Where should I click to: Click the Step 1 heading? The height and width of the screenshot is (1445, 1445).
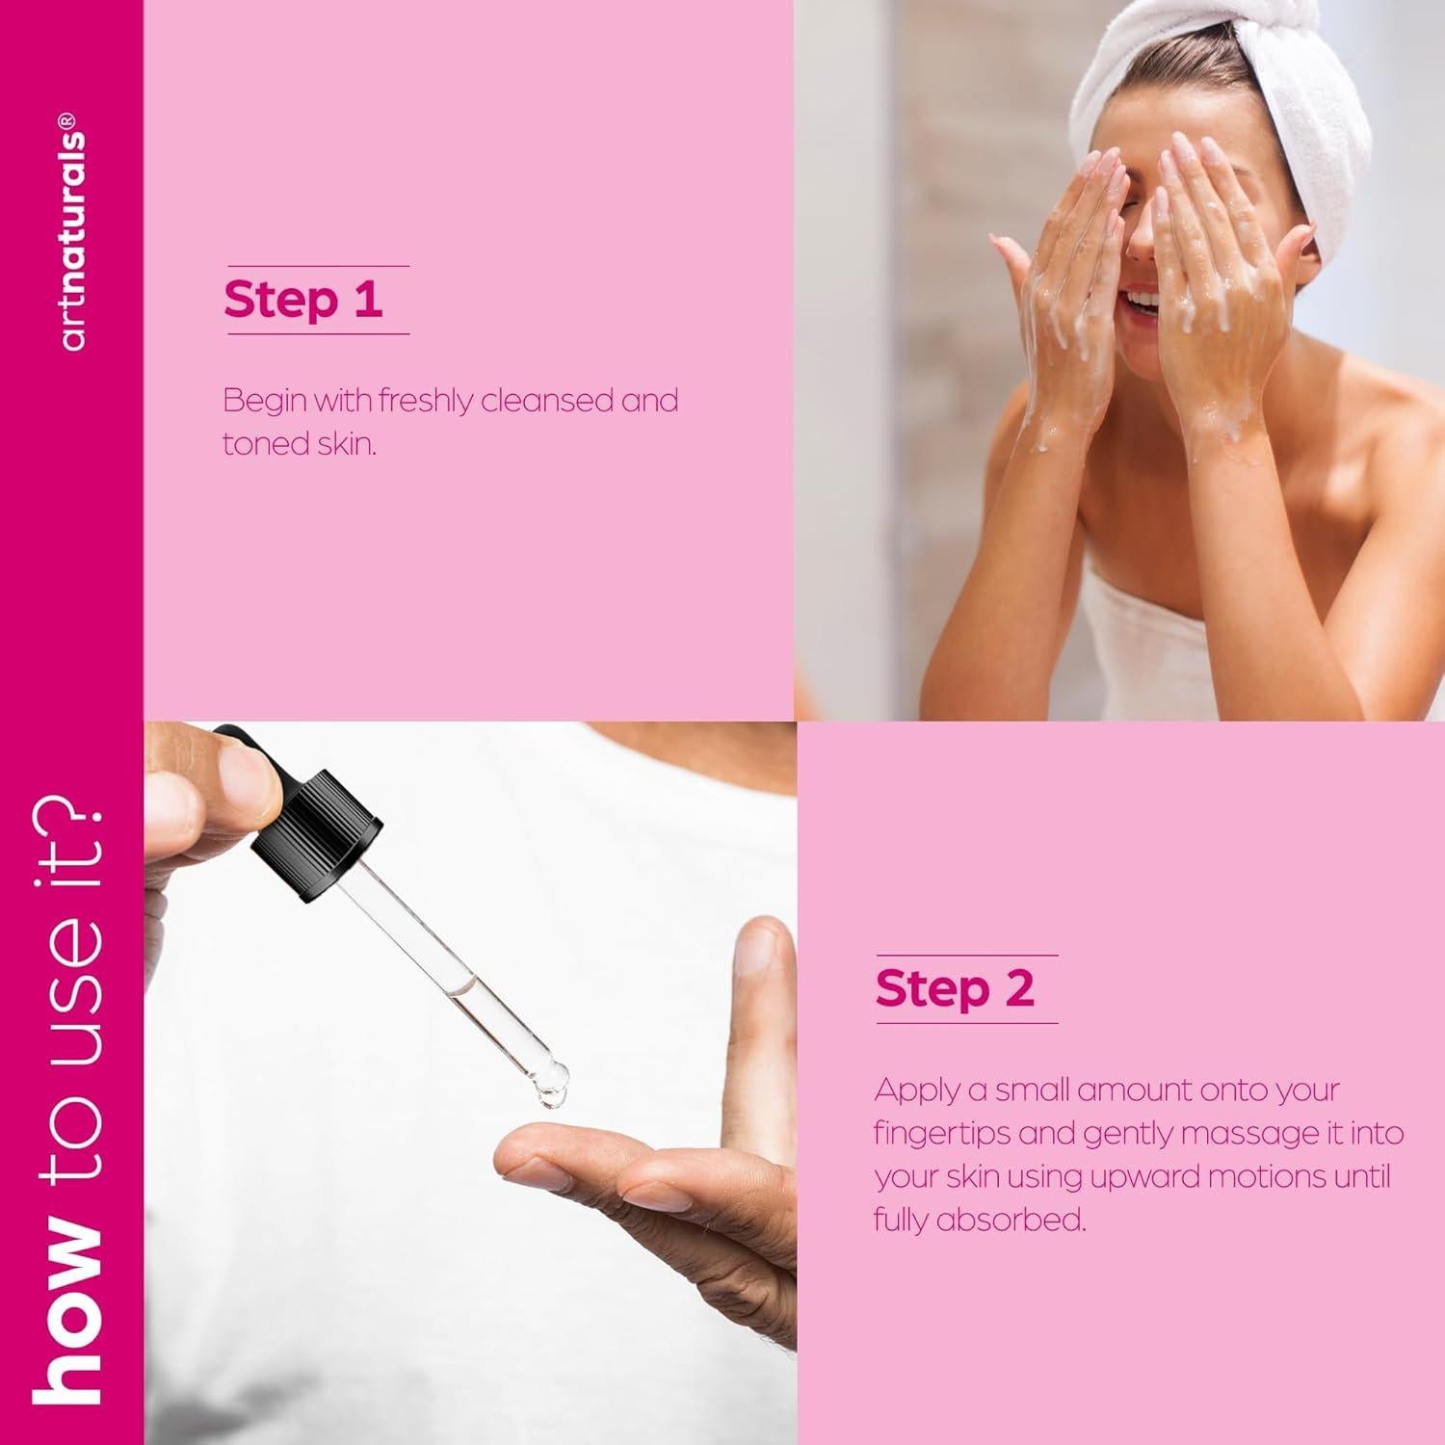point(302,300)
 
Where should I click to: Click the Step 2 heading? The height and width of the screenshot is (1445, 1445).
point(954,988)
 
